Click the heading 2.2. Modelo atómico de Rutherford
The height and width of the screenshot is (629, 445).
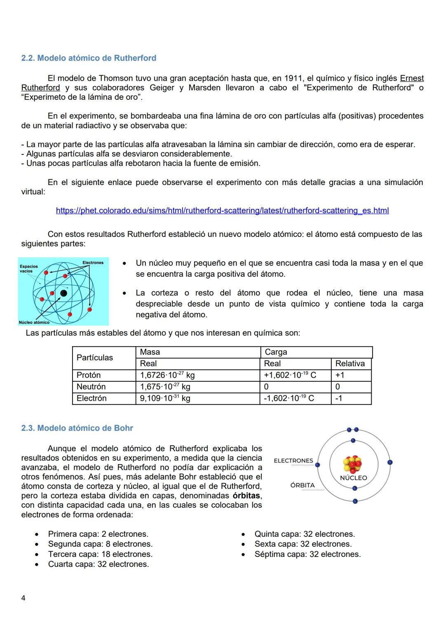pos(89,58)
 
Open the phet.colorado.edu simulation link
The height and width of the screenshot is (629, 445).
pos(222,210)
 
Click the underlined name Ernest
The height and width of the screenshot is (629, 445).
pos(412,78)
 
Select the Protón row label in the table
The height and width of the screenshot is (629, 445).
pos(89,375)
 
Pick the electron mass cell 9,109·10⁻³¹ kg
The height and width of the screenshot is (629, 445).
pos(165,398)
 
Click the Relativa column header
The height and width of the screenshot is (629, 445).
pos(350,363)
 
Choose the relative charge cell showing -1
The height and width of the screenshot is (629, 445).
pos(338,398)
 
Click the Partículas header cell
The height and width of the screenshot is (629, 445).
pos(95,358)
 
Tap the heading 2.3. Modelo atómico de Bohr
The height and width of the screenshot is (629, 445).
pos(77,428)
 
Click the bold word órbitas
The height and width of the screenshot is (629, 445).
pos(246,496)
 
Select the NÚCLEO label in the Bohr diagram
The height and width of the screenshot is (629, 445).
pos(354,478)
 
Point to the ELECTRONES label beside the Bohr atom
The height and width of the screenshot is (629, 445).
pos(293,461)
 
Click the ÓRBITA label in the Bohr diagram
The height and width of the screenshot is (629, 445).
pos(302,485)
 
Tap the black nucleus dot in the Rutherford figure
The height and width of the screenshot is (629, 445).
pos(63,293)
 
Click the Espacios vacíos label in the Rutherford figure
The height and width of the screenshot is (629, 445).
pos(29,269)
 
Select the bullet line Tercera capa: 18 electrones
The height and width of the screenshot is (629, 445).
pos(100,554)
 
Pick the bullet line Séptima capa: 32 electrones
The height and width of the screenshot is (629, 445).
pos(307,554)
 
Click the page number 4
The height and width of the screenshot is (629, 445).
pos(23,598)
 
